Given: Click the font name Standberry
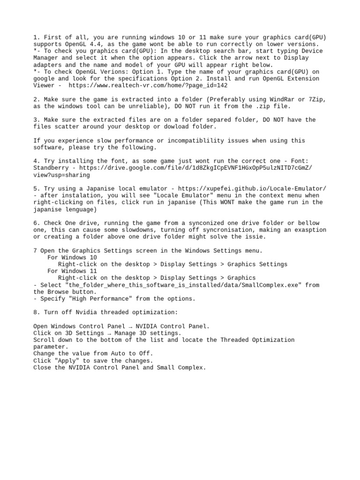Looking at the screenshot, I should click(x=51, y=168).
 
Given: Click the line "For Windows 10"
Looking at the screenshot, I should click(x=72, y=257).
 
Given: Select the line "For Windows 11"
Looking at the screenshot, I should click(x=72, y=271).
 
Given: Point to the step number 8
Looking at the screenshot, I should click(x=36, y=312).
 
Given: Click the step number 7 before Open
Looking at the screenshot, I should click(x=35, y=251).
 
